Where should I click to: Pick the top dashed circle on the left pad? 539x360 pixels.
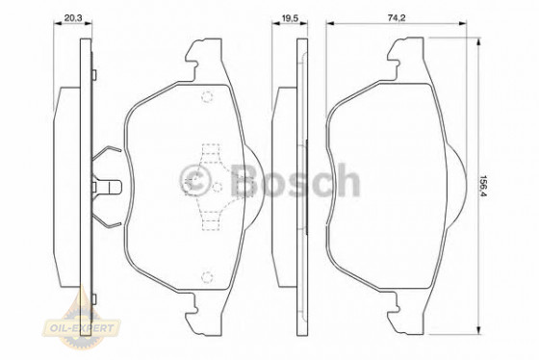pos(206,95)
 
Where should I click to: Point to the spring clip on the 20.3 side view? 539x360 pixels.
pos(108,186)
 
